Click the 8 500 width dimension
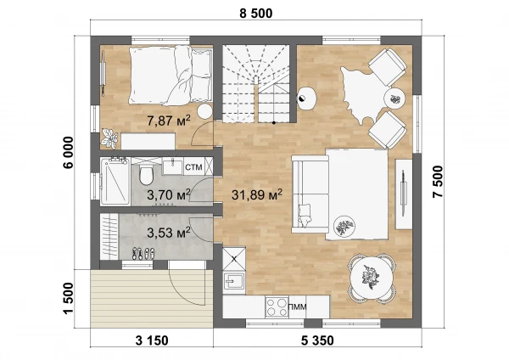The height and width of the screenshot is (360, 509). [256, 14]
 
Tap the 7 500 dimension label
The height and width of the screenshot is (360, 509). [437, 182]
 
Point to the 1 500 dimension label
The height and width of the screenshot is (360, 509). [69, 298]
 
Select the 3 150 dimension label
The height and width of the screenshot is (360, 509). [152, 340]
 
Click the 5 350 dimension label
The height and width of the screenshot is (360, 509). [317, 340]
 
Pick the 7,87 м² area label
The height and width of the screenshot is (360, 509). [169, 121]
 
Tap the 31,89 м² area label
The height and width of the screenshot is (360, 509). [257, 194]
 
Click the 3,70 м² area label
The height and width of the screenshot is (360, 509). [169, 195]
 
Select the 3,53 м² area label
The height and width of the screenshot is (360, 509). [169, 233]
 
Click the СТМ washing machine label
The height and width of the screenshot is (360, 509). [193, 167]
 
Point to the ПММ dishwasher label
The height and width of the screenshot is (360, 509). [298, 307]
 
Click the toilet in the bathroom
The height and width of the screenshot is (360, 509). [146, 174]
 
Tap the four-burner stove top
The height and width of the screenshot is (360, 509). [277, 307]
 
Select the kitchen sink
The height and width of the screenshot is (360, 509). [234, 280]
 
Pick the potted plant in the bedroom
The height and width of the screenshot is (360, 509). [109, 138]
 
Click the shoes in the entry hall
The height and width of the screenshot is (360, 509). [143, 253]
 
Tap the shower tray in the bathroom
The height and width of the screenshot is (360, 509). [115, 182]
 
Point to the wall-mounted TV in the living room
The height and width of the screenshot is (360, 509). [404, 194]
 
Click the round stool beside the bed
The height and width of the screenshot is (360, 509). [204, 111]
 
